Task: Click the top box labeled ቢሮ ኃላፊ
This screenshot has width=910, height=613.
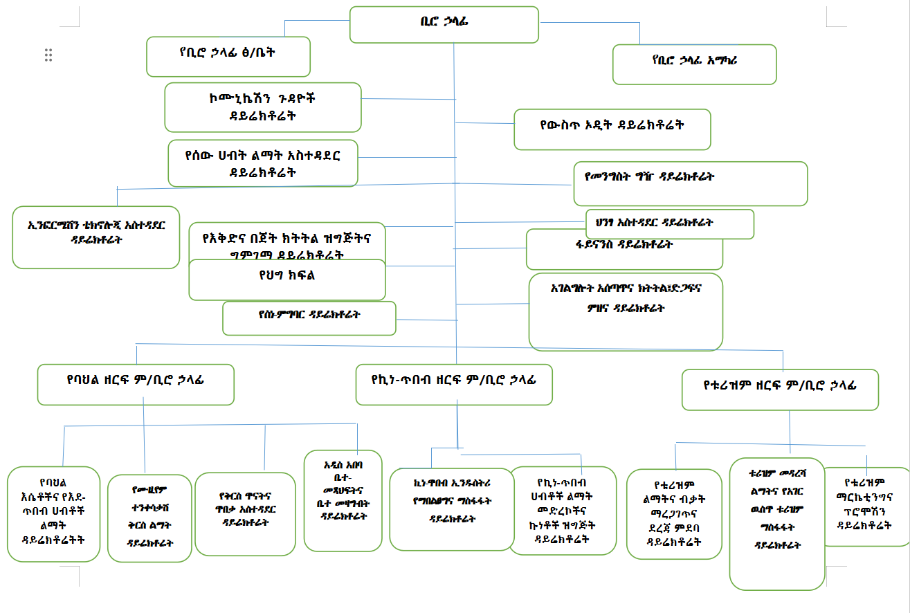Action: (x=444, y=24)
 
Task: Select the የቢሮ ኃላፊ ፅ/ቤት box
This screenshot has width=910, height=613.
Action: (x=228, y=56)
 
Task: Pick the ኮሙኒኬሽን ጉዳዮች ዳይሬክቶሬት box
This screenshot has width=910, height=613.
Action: (x=262, y=107)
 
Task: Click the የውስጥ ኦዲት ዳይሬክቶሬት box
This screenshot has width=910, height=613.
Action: (x=612, y=128)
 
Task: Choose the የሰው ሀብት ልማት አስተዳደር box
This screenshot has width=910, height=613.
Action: (x=262, y=163)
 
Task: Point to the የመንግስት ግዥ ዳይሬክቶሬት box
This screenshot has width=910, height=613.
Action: (x=690, y=183)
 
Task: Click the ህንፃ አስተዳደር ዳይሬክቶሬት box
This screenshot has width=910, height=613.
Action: (x=668, y=223)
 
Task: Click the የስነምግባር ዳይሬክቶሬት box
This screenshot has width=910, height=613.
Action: (x=309, y=318)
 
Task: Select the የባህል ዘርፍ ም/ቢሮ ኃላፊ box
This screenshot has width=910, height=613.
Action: (x=135, y=384)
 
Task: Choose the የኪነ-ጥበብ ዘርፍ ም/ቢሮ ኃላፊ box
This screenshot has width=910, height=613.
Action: (x=453, y=384)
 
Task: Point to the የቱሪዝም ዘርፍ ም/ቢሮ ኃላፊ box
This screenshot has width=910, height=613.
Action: (x=779, y=389)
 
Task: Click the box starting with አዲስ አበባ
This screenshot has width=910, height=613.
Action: (x=343, y=500)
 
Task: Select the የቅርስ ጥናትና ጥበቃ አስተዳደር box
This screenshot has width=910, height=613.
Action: (x=245, y=513)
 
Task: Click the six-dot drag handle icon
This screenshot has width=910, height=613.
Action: (x=48, y=55)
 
